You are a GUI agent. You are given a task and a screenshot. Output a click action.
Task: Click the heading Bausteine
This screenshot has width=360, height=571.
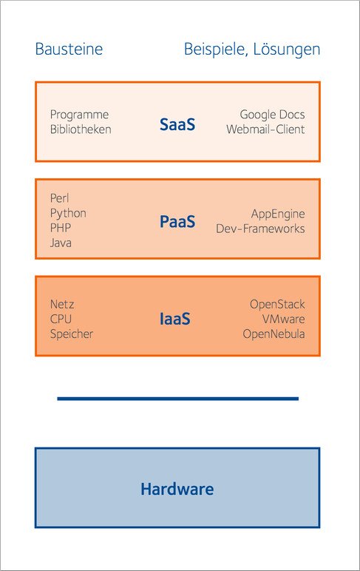tap(69, 49)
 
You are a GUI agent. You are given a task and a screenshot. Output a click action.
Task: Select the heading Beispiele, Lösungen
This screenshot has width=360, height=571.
tap(252, 50)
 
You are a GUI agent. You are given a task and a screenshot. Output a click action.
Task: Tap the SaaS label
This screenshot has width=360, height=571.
tap(177, 124)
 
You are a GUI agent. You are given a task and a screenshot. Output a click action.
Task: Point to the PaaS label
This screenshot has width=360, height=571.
tap(177, 222)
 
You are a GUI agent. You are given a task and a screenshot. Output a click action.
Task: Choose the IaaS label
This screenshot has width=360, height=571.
tap(174, 319)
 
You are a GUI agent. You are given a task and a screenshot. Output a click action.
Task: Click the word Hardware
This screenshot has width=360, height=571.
tap(177, 489)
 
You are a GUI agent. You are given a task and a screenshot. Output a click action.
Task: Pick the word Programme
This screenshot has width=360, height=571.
tap(79, 115)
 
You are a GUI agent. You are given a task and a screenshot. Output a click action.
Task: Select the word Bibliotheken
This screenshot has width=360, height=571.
tap(81, 129)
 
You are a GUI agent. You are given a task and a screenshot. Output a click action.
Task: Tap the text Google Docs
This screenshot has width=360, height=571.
tap(272, 115)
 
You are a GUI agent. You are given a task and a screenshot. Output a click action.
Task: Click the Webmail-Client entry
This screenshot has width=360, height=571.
tap(265, 129)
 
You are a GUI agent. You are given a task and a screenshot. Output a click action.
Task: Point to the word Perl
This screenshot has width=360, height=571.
tap(59, 198)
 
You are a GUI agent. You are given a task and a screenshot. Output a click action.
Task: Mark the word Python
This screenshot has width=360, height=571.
tap(68, 214)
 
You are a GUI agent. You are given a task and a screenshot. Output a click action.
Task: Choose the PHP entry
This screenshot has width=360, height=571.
tap(61, 228)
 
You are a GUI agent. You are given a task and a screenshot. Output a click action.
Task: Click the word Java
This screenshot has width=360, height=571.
tap(61, 243)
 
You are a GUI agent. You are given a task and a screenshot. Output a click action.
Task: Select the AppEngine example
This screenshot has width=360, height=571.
tap(278, 214)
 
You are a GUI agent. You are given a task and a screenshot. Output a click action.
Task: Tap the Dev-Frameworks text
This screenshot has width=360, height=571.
tap(260, 229)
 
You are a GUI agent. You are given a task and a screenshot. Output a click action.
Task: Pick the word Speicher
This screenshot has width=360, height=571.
tap(72, 334)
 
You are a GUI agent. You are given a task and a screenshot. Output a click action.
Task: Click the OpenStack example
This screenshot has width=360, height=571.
tap(277, 305)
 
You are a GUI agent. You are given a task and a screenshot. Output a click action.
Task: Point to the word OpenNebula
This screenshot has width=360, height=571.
tap(274, 334)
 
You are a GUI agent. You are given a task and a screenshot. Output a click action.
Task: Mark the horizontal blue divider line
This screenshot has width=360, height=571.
tap(177, 399)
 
